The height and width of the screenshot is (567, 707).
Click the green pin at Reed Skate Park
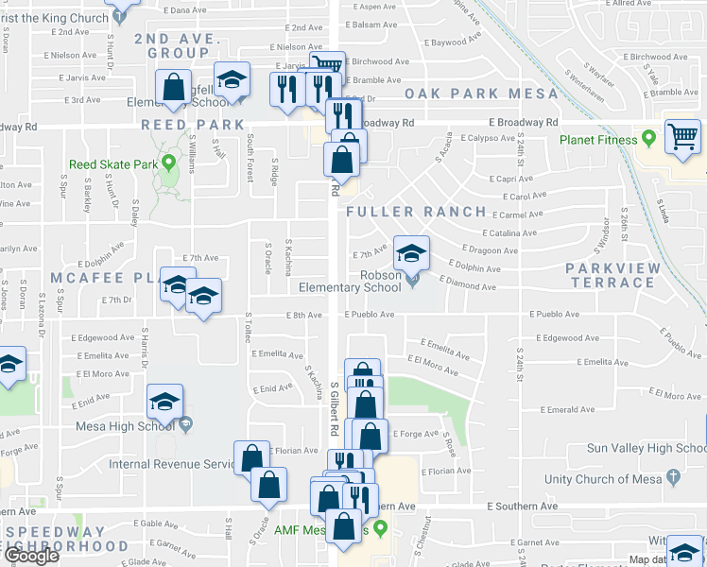[169, 163]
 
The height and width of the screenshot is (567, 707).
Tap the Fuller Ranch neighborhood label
[416, 212]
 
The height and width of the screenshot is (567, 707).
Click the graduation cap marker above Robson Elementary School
[411, 252]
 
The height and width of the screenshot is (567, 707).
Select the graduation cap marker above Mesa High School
[164, 402]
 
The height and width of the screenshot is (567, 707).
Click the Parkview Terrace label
[613, 276]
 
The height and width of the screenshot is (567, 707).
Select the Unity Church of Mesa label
[625, 479]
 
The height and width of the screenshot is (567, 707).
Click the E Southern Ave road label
[518, 507]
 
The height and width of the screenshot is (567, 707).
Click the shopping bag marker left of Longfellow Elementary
[174, 87]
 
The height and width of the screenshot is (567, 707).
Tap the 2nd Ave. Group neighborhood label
[178, 46]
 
